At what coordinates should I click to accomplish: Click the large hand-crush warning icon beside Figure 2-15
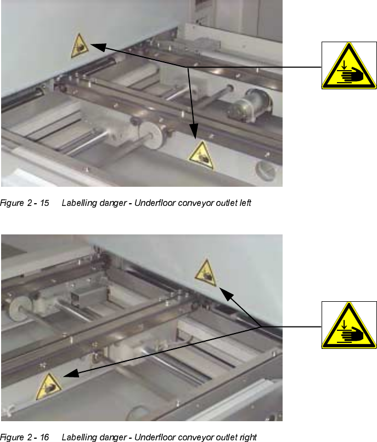click(349, 66)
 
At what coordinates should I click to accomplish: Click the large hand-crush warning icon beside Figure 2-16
click(349, 325)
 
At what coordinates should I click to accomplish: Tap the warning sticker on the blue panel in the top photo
click(80, 47)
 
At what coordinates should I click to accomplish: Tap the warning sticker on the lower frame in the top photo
click(201, 156)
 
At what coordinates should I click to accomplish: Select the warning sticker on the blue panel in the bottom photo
click(206, 273)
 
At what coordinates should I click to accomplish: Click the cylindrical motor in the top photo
click(250, 105)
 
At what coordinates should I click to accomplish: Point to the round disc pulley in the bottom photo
click(18, 309)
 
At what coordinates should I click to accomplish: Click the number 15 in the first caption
click(44, 203)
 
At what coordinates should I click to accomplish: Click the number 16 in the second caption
click(44, 437)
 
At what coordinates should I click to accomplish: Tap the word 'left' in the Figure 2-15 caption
click(245, 203)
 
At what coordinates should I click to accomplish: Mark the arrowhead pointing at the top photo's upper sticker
click(98, 47)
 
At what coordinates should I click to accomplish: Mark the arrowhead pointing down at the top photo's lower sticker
click(194, 130)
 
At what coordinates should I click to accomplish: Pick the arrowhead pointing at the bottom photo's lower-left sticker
click(71, 374)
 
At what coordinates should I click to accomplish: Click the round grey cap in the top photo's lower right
click(266, 170)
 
